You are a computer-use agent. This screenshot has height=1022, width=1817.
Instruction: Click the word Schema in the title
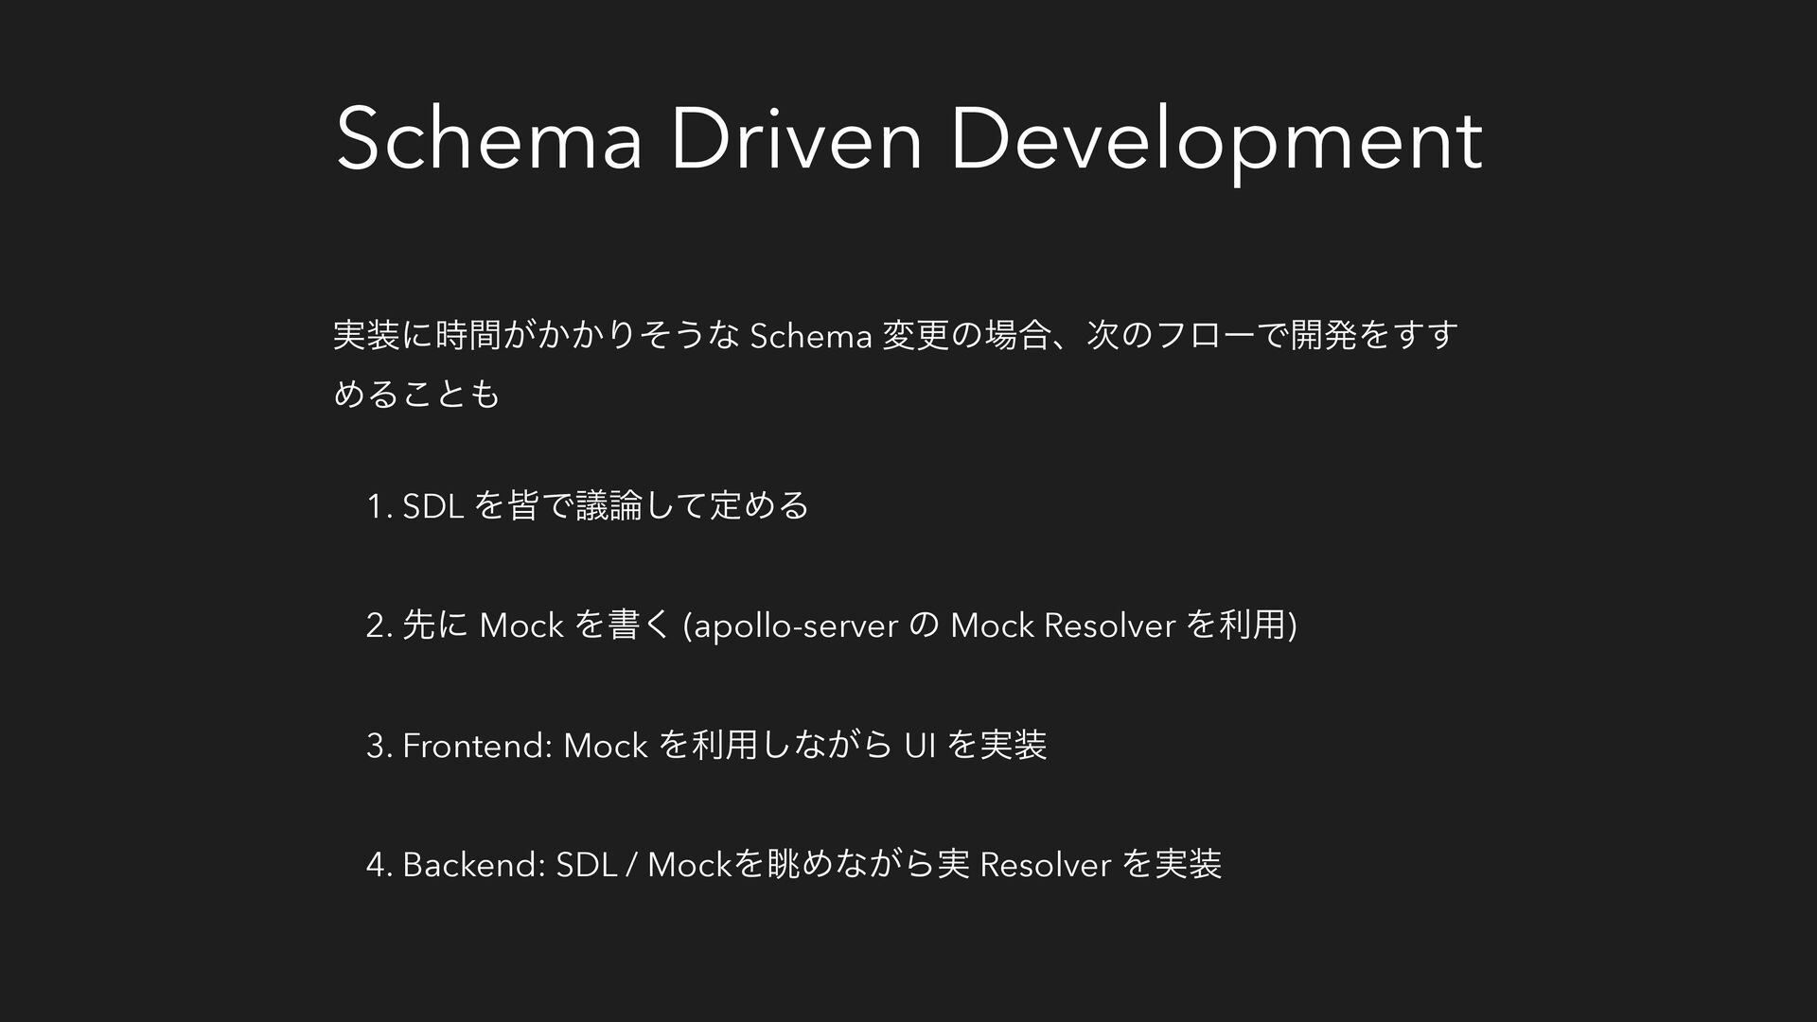(x=490, y=140)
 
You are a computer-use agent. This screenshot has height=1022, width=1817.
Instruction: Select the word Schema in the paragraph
(x=809, y=336)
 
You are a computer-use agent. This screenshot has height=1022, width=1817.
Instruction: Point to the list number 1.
(x=378, y=507)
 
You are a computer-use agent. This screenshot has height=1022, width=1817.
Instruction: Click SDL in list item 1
(x=432, y=507)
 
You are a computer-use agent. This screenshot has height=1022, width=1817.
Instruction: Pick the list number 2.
(x=378, y=626)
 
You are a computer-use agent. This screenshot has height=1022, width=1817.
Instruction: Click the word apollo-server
(x=795, y=627)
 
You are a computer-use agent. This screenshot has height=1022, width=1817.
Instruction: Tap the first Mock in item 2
(x=521, y=626)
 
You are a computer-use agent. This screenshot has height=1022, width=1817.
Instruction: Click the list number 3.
(x=378, y=746)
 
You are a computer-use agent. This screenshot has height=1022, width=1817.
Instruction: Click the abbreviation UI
(x=920, y=746)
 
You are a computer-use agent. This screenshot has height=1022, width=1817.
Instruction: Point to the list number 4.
(x=378, y=865)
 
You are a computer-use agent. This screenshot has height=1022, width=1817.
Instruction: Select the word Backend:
(x=473, y=865)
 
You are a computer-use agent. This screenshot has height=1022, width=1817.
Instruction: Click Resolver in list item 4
(x=1046, y=865)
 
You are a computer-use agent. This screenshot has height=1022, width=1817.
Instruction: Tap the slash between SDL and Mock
(x=631, y=865)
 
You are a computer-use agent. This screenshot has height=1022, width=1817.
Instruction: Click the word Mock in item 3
(x=605, y=746)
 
